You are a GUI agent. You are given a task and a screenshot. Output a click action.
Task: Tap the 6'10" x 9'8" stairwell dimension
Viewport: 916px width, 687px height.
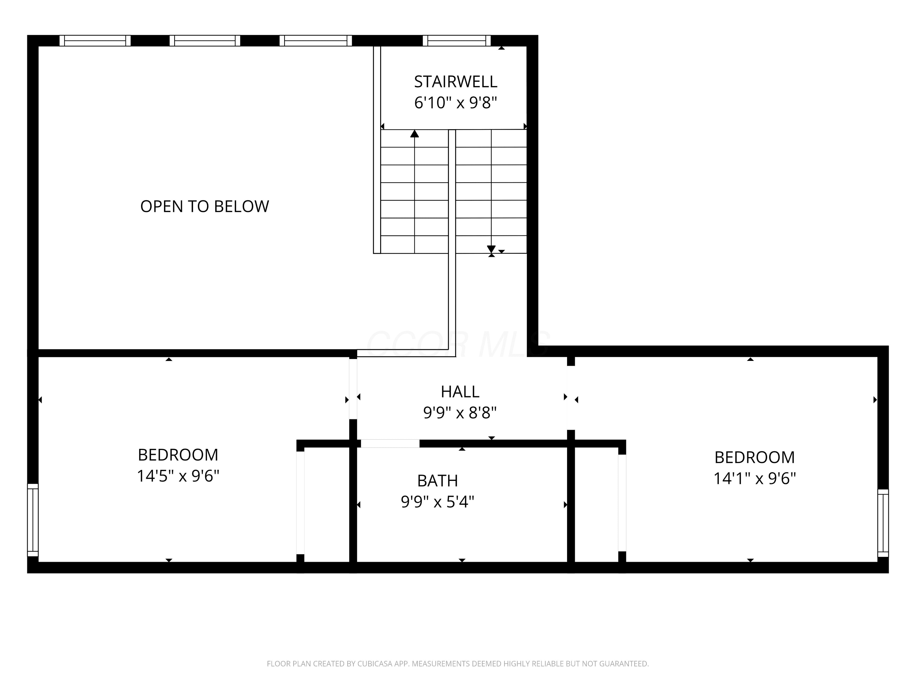[x=456, y=102]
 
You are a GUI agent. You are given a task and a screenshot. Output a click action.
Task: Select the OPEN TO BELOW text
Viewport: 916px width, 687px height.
[x=205, y=206]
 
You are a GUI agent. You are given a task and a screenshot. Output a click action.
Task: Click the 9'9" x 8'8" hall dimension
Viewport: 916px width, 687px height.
[x=460, y=413]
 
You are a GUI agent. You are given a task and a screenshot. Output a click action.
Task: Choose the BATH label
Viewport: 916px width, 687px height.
[x=437, y=481]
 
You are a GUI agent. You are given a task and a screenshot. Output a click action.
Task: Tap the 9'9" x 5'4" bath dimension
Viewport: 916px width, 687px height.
[x=437, y=502]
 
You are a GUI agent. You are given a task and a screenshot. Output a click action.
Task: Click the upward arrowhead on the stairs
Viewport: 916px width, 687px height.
[x=415, y=134]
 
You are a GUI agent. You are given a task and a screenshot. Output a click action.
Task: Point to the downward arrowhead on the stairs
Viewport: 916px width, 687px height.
[x=491, y=249]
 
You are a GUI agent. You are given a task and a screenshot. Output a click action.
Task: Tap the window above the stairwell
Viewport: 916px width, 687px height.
[x=457, y=41]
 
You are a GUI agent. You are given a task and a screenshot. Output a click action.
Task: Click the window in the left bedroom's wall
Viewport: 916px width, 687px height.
[x=33, y=520]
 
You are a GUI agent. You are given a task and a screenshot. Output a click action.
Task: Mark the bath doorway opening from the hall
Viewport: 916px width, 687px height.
[x=390, y=444]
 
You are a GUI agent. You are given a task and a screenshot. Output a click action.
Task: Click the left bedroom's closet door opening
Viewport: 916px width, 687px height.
[x=300, y=503]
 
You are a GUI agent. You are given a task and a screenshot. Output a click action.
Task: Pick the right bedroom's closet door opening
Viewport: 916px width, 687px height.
[x=622, y=503]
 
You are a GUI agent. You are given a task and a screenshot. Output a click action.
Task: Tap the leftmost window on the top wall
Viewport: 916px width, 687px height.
[x=95, y=41]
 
